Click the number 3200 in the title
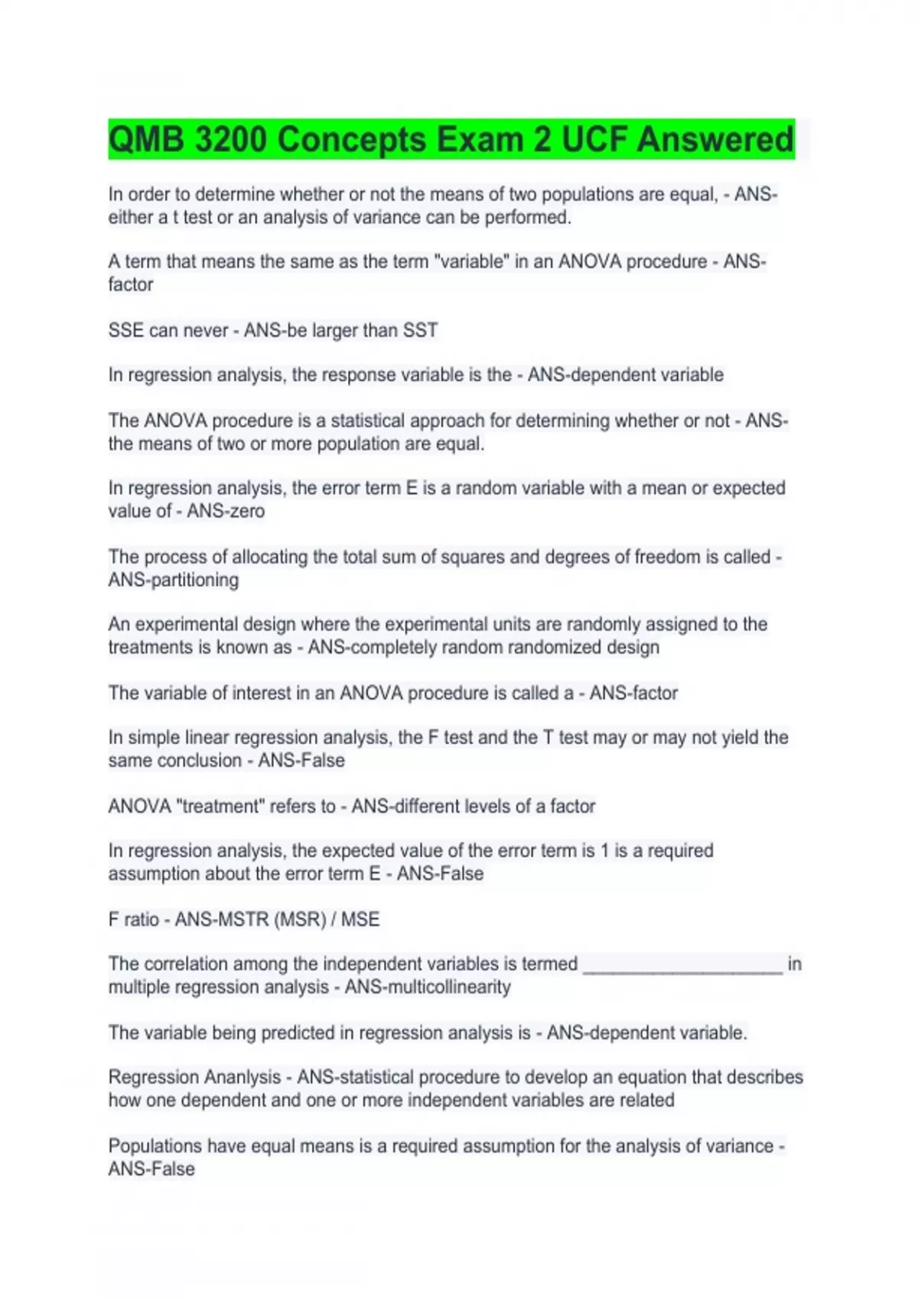(230, 140)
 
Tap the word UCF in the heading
(594, 140)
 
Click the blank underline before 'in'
(682, 965)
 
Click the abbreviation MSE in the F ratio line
(360, 919)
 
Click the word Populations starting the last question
(155, 1146)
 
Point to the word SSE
(125, 330)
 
